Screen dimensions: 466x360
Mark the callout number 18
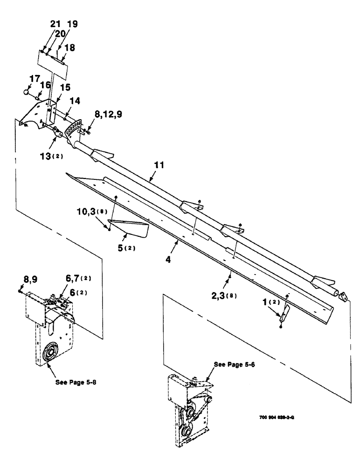tap(69, 48)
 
